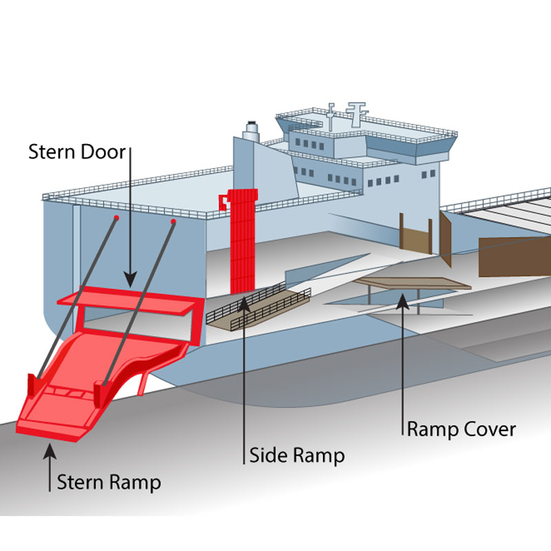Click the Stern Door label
77,152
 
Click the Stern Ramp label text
109,481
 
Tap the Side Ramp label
296,455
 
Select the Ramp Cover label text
461,429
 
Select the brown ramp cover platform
412,283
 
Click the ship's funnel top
251,128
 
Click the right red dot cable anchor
173,222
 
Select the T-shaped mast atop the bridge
356,110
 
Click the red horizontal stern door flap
127,303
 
